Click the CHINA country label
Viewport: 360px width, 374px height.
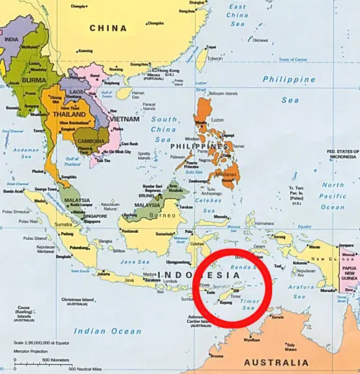(x=108, y=28)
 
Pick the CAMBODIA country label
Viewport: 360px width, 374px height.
(x=94, y=140)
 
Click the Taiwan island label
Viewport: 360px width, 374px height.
(x=215, y=58)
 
